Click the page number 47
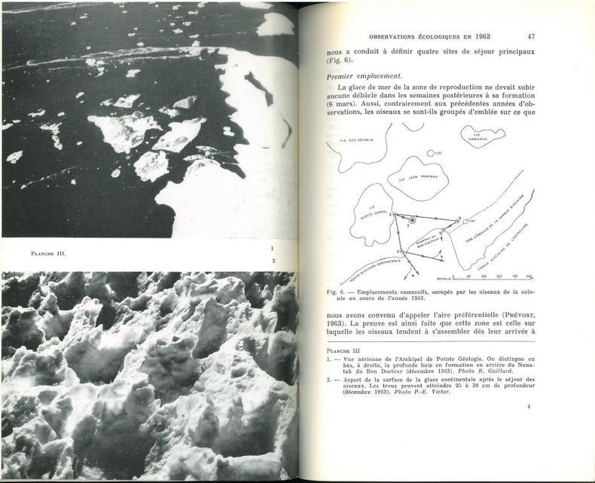tap(530, 35)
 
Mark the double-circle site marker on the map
tap(411, 220)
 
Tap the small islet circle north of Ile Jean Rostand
tap(430, 153)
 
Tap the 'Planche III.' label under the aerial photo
tap(43, 253)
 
